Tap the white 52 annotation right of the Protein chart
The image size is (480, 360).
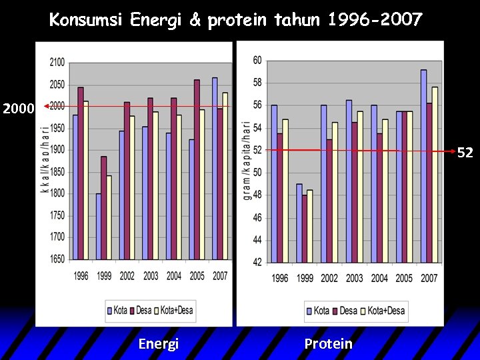tap(465, 153)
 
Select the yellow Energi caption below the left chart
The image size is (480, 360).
tap(159, 343)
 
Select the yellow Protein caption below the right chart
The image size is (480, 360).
tap(328, 343)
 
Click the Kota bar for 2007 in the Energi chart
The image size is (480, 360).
tap(214, 168)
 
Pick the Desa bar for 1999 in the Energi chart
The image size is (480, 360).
tap(103, 208)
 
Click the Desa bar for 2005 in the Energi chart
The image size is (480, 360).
tap(197, 169)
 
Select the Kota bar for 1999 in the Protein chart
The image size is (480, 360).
tap(299, 223)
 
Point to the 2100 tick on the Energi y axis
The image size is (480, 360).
tap(57, 63)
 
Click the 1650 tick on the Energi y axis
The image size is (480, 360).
tap(57, 259)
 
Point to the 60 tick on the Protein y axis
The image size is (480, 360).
tap(257, 61)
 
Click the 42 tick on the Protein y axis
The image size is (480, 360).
tap(257, 262)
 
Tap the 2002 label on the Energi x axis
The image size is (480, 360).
tap(127, 276)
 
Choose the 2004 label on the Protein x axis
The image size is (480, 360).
tap(379, 278)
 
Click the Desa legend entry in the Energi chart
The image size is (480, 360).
tap(140, 310)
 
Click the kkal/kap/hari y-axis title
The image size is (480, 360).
tap(45, 160)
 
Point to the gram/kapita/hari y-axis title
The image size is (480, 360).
tap(247, 160)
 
